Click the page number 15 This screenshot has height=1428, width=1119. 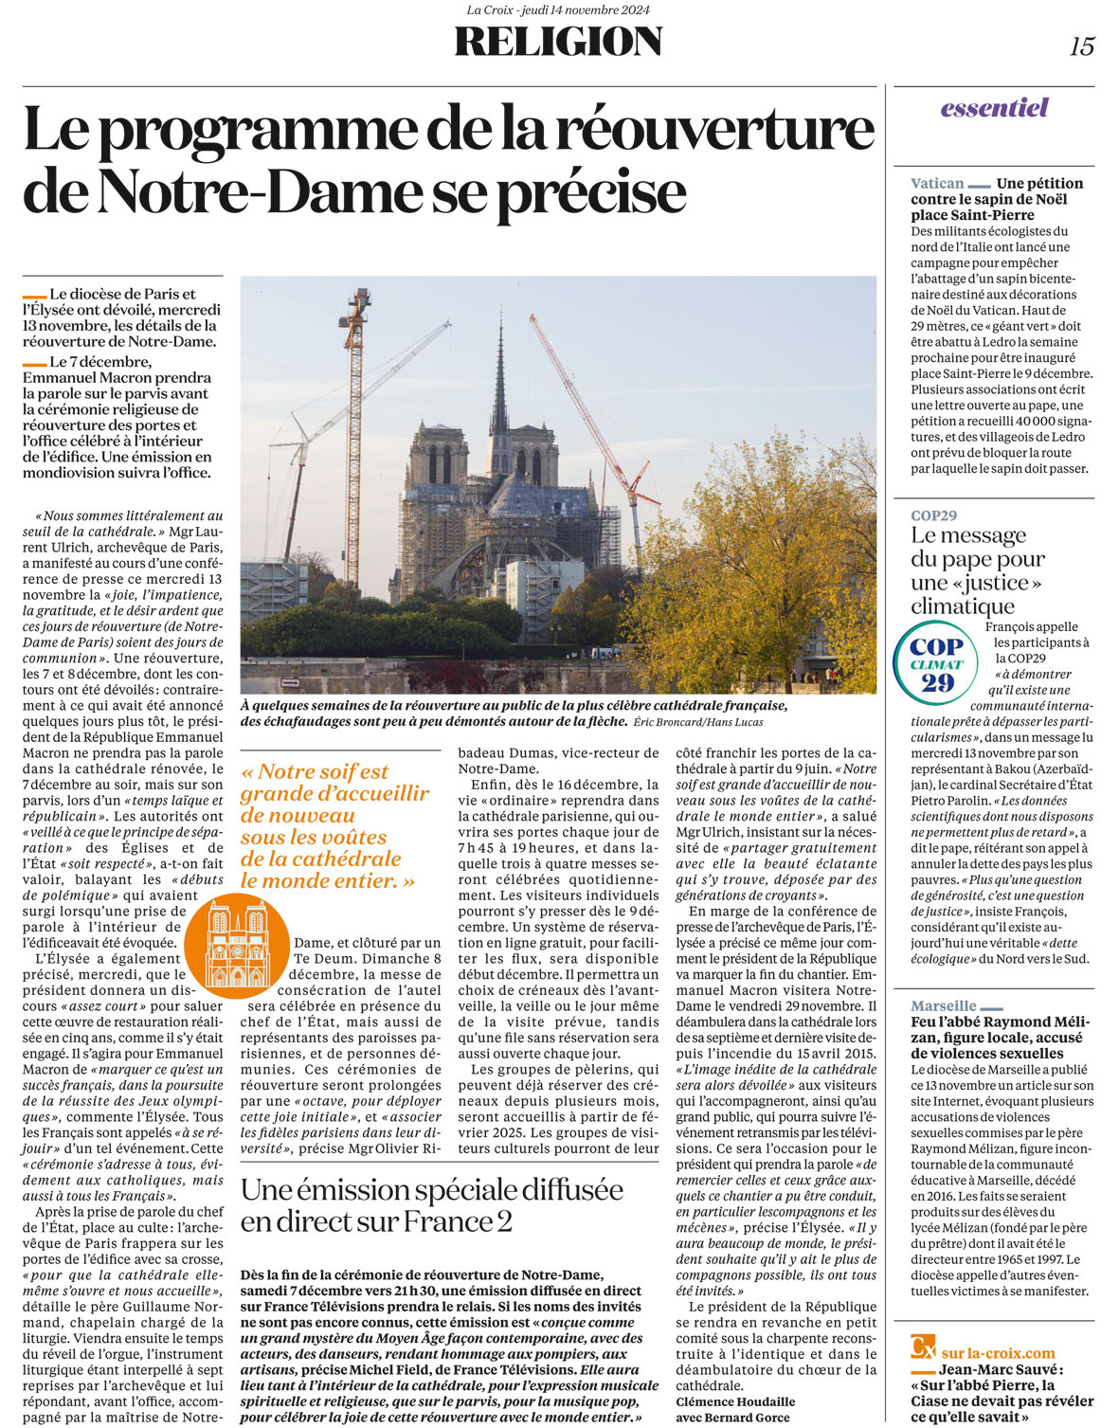pyautogui.click(x=1082, y=45)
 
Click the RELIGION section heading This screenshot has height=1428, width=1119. pyautogui.click(x=558, y=43)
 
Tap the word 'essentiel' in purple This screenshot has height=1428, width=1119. pyautogui.click(x=994, y=108)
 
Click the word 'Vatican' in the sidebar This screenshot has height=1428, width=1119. pyautogui.click(x=937, y=184)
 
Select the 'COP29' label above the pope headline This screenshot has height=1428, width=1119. pyautogui.click(x=934, y=515)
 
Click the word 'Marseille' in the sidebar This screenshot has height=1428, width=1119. pyautogui.click(x=944, y=1006)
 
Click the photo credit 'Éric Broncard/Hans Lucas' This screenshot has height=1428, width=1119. pyautogui.click(x=698, y=722)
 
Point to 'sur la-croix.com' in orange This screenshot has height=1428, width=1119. pyautogui.click(x=998, y=1353)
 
